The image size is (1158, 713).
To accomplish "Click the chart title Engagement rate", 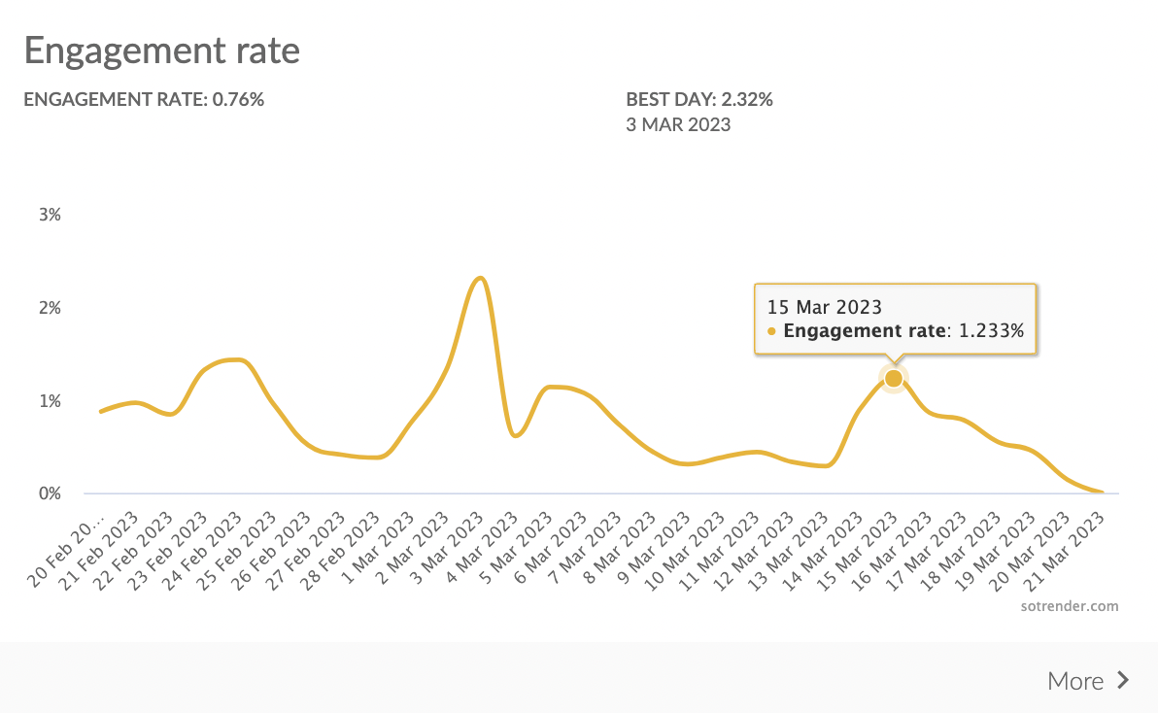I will click(x=161, y=51).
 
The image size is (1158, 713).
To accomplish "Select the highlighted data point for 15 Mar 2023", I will click(x=893, y=378).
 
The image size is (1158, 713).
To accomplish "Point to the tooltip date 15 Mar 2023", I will click(x=825, y=307).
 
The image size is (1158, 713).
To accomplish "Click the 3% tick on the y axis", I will click(x=50, y=215).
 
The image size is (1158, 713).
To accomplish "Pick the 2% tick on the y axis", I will click(x=50, y=308).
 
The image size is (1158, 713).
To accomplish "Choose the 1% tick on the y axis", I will click(x=50, y=401).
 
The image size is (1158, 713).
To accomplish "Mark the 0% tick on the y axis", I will click(x=50, y=493).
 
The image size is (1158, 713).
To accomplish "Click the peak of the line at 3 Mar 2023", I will click(x=480, y=279).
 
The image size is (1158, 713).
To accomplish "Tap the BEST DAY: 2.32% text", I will click(x=699, y=99).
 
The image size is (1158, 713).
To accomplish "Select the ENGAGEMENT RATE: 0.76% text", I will click(x=144, y=99).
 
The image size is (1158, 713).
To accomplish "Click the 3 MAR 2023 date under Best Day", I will click(x=678, y=124).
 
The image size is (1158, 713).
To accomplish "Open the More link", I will click(x=1075, y=681).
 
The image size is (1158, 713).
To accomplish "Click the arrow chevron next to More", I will click(x=1123, y=680).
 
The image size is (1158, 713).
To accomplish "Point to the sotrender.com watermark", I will click(x=1070, y=606).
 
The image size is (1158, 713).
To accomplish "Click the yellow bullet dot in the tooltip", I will click(x=772, y=332).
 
